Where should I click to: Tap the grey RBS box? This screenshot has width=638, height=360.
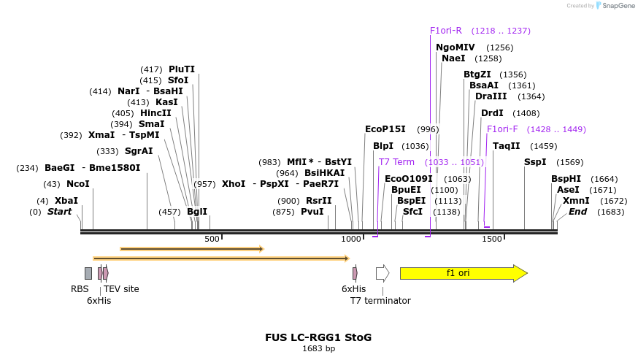coord(88,273)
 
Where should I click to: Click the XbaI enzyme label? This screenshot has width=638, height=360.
coord(66,200)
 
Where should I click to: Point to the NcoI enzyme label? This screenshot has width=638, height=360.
coord(77,184)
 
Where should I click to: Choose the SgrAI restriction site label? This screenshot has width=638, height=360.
coord(139,151)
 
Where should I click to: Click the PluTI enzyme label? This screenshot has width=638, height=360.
coord(182,69)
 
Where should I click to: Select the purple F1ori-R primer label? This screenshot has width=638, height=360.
coord(446,31)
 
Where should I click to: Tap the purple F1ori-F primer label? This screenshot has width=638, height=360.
coord(502,129)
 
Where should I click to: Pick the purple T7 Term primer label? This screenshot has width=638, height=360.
coord(396,161)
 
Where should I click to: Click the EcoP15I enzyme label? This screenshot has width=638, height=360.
coord(385,129)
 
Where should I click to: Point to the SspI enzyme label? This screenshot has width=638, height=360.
coord(535,162)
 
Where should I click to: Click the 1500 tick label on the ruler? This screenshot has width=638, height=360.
coord(492,239)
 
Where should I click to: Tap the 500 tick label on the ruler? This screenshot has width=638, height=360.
coord(212,239)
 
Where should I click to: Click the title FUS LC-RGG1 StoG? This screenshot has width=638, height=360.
coord(318,337)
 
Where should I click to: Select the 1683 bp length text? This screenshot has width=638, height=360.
coord(318,349)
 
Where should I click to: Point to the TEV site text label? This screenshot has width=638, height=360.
coord(121,288)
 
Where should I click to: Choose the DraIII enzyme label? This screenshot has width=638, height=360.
coord(490,96)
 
